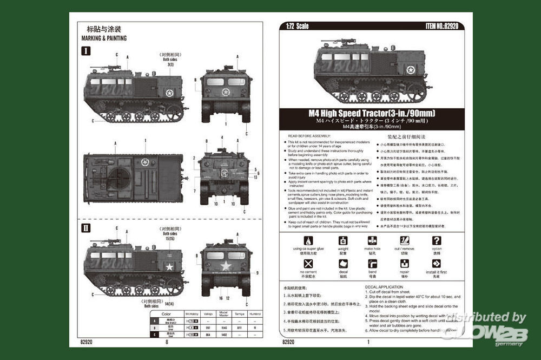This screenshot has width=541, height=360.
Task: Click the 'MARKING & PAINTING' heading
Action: [x=104, y=38]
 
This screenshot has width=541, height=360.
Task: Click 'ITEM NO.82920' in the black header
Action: [x=444, y=25]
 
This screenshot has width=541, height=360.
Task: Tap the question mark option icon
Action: [x=437, y=241]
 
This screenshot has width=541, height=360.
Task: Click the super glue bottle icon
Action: [x=308, y=241]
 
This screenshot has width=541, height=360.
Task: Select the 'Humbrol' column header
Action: [x=255, y=314]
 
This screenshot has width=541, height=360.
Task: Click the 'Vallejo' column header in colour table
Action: [x=207, y=314]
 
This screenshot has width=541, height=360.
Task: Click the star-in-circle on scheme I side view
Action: [x=169, y=93]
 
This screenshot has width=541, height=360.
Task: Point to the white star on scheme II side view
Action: [x=169, y=266]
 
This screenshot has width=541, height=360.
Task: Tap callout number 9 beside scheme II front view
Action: [x=258, y=272]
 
